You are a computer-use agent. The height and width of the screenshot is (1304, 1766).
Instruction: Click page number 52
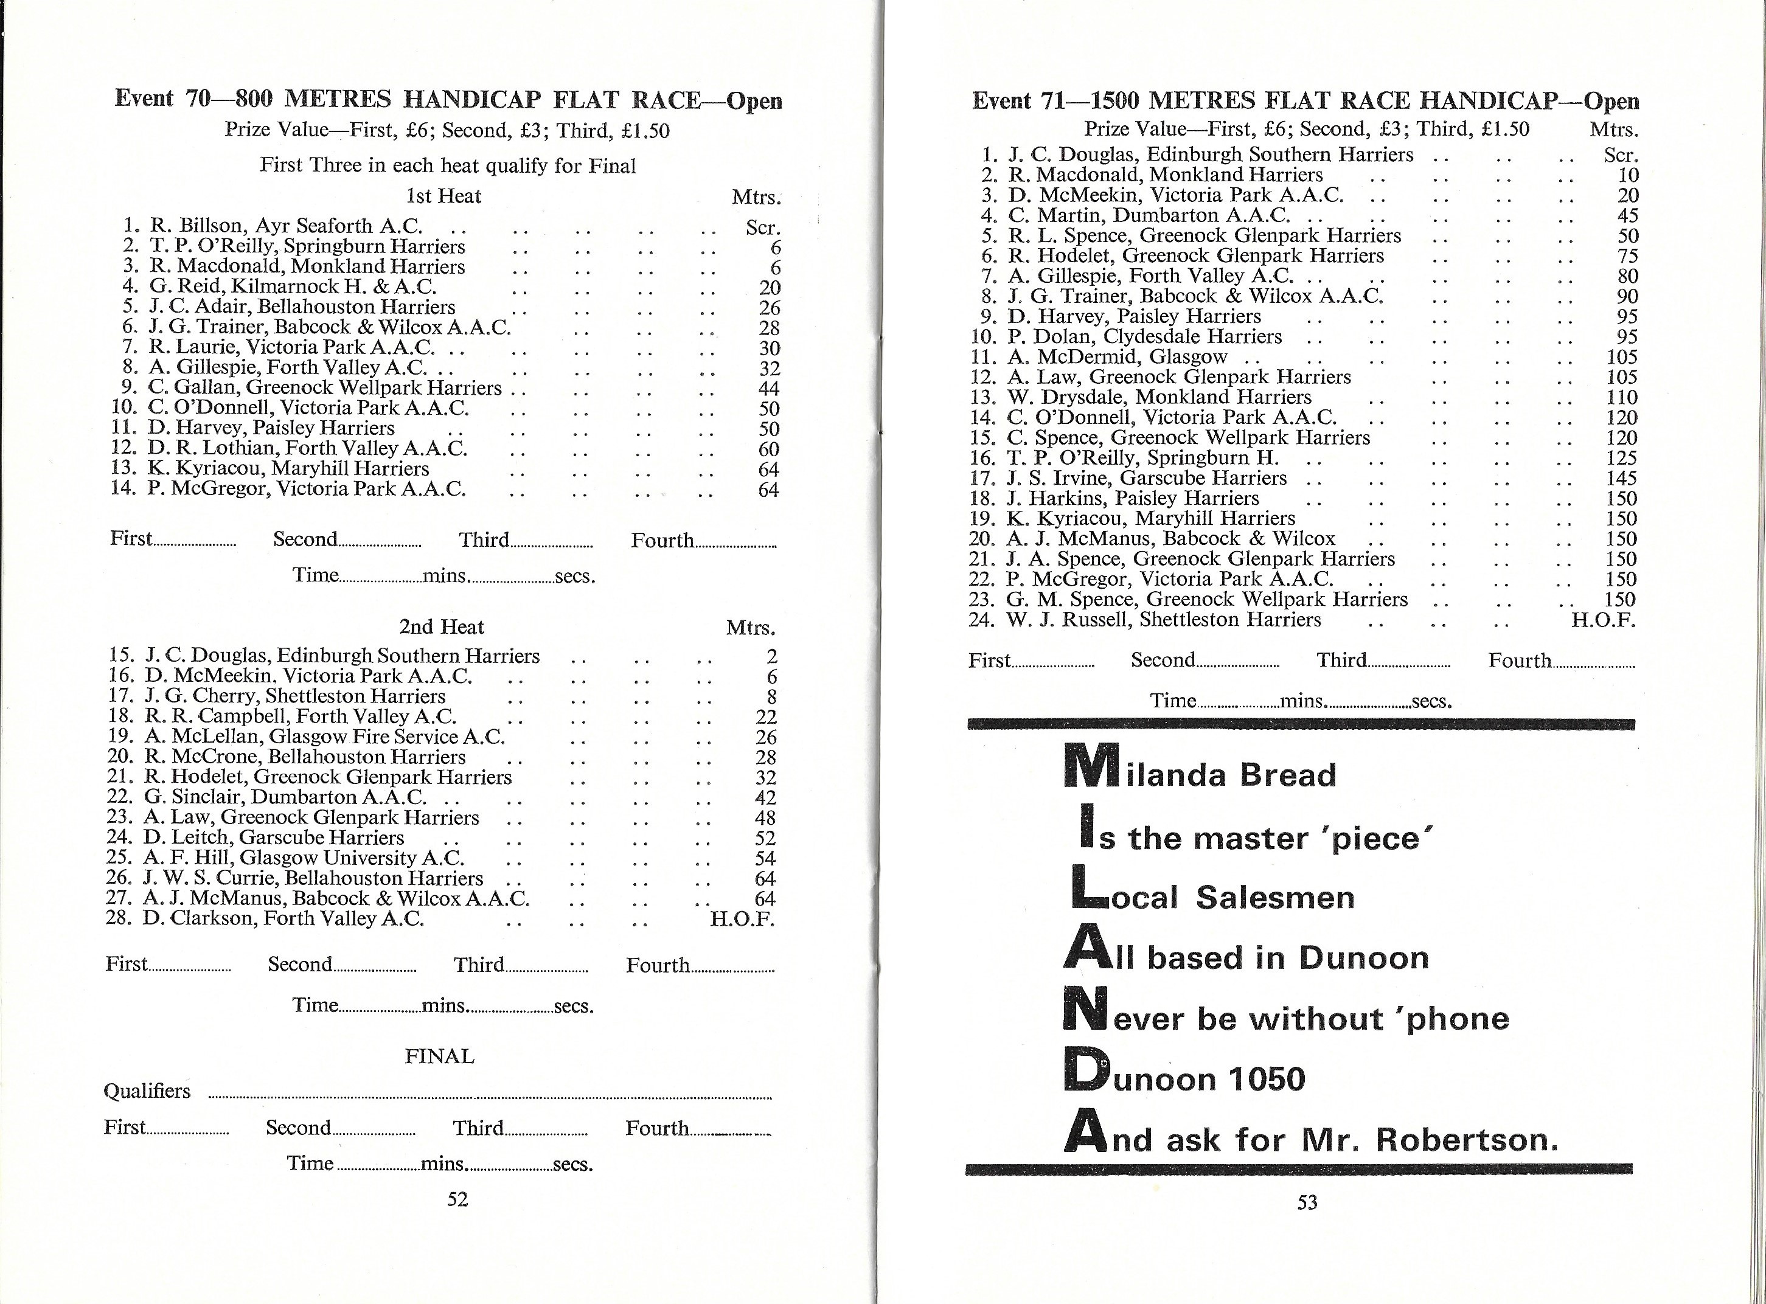click(x=457, y=1199)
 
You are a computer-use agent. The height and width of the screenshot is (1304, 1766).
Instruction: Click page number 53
click(x=1307, y=1202)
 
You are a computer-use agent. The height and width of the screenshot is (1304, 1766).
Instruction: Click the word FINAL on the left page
click(x=440, y=1056)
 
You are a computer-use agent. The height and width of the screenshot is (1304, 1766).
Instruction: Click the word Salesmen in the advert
click(x=1275, y=898)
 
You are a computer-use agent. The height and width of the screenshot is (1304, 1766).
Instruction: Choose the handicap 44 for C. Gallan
click(x=768, y=389)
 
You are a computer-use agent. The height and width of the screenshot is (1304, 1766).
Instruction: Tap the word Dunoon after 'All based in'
click(x=1363, y=957)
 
